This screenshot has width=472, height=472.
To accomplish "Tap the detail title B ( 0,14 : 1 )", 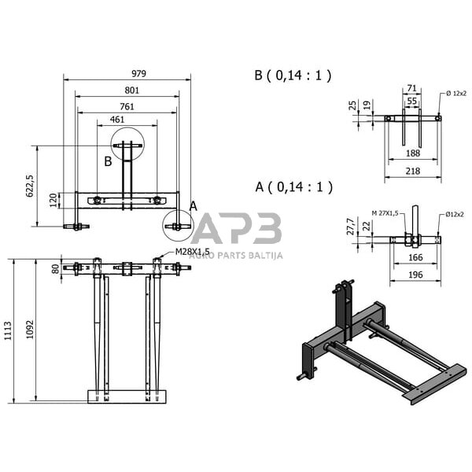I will click(293, 76).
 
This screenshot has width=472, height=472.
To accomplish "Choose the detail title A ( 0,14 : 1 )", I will click(293, 187).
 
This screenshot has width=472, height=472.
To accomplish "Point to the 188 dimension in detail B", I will click(411, 153).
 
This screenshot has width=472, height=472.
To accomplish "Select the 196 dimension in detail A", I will click(415, 274).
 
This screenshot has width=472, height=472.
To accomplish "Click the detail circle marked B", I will click(127, 146).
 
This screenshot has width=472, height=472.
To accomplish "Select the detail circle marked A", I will click(178, 225).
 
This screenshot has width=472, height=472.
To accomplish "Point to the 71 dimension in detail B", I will click(411, 90).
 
